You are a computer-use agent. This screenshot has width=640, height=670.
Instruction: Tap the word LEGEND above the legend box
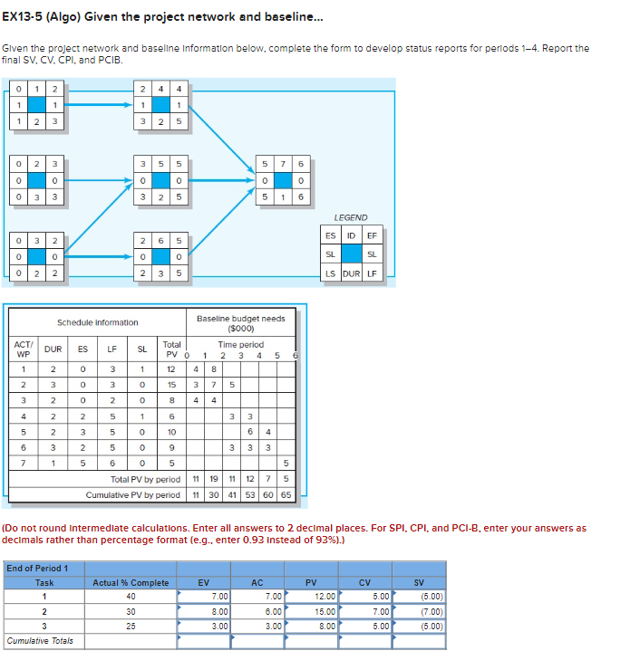[x=350, y=217]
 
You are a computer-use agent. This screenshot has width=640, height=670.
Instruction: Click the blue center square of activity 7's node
[x=283, y=180]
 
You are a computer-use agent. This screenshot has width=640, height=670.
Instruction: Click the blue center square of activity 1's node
[x=39, y=105]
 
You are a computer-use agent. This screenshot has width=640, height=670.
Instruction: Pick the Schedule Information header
[x=98, y=322]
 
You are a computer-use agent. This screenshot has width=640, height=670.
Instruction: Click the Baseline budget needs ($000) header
[x=240, y=323]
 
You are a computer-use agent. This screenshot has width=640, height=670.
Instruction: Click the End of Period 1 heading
[x=44, y=569]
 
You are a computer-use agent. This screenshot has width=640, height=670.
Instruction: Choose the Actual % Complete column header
[x=131, y=582]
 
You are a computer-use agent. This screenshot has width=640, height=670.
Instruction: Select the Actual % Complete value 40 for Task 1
[x=131, y=597]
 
